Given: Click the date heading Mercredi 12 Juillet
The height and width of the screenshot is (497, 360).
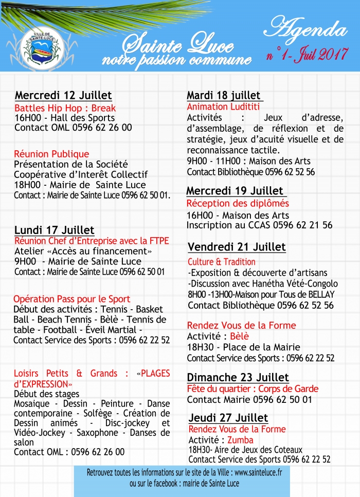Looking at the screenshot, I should pyautogui.click(x=63, y=96).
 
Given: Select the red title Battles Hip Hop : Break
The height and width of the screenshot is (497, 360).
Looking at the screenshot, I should pyautogui.click(x=65, y=108).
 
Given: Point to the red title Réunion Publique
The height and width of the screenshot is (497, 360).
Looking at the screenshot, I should pyautogui.click(x=51, y=154).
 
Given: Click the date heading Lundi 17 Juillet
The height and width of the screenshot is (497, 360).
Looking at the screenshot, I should pyautogui.click(x=55, y=230).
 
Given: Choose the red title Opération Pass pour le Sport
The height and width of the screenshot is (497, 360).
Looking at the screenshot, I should pyautogui.click(x=72, y=299).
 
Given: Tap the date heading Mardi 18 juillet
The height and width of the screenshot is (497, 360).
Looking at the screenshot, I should pyautogui.click(x=224, y=96).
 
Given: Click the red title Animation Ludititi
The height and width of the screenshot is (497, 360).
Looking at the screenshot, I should pyautogui.click(x=223, y=107).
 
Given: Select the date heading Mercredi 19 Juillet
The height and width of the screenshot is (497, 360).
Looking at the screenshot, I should pyautogui.click(x=235, y=191).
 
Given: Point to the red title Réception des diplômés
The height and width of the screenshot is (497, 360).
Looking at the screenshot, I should pyautogui.click(x=238, y=204).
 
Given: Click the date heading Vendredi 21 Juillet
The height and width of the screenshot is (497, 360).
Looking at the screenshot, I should pyautogui.click(x=237, y=247).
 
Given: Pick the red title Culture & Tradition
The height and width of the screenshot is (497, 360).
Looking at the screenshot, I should pyautogui.click(x=221, y=262).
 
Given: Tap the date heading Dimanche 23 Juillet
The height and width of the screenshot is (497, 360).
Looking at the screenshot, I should pyautogui.click(x=238, y=377).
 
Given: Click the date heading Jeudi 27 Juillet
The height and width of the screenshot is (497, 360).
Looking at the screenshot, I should pyautogui.click(x=228, y=417).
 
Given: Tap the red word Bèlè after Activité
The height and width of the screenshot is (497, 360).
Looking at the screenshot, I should pyautogui.click(x=239, y=336).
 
